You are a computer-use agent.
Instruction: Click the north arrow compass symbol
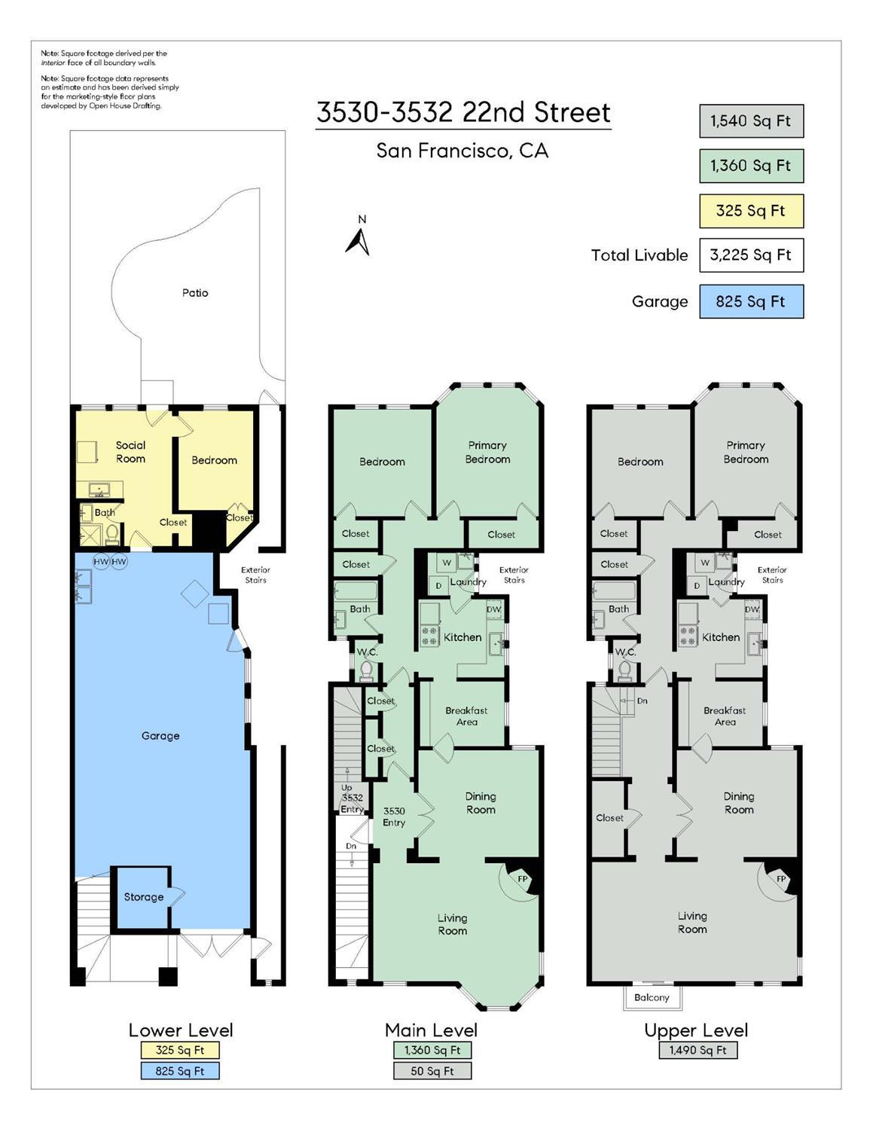coord(359,239)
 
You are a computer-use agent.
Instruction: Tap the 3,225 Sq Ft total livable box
coord(750,255)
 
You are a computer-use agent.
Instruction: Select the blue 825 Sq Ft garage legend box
coord(750,301)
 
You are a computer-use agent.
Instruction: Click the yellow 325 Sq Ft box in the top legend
coord(750,211)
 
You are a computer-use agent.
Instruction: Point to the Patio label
coord(195,293)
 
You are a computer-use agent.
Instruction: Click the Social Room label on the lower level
coord(130,452)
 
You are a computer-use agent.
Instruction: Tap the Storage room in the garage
coord(143,897)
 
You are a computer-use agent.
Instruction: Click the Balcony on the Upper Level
coord(652,997)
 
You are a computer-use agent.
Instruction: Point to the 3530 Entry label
coord(394,816)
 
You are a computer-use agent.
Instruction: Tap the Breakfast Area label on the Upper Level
coord(725,716)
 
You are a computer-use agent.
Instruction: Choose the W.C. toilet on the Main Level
coord(367,668)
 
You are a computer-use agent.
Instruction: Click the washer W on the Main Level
coord(447,563)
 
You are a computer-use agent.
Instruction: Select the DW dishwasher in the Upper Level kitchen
coord(752,609)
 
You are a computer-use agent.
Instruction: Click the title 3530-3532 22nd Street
coord(462,113)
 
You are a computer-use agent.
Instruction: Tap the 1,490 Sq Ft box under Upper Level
coord(697,1050)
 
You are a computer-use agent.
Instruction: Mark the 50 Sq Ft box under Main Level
coord(432,1071)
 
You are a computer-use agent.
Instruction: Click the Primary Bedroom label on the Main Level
coord(487,452)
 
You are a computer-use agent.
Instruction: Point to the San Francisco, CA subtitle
coord(462,151)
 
